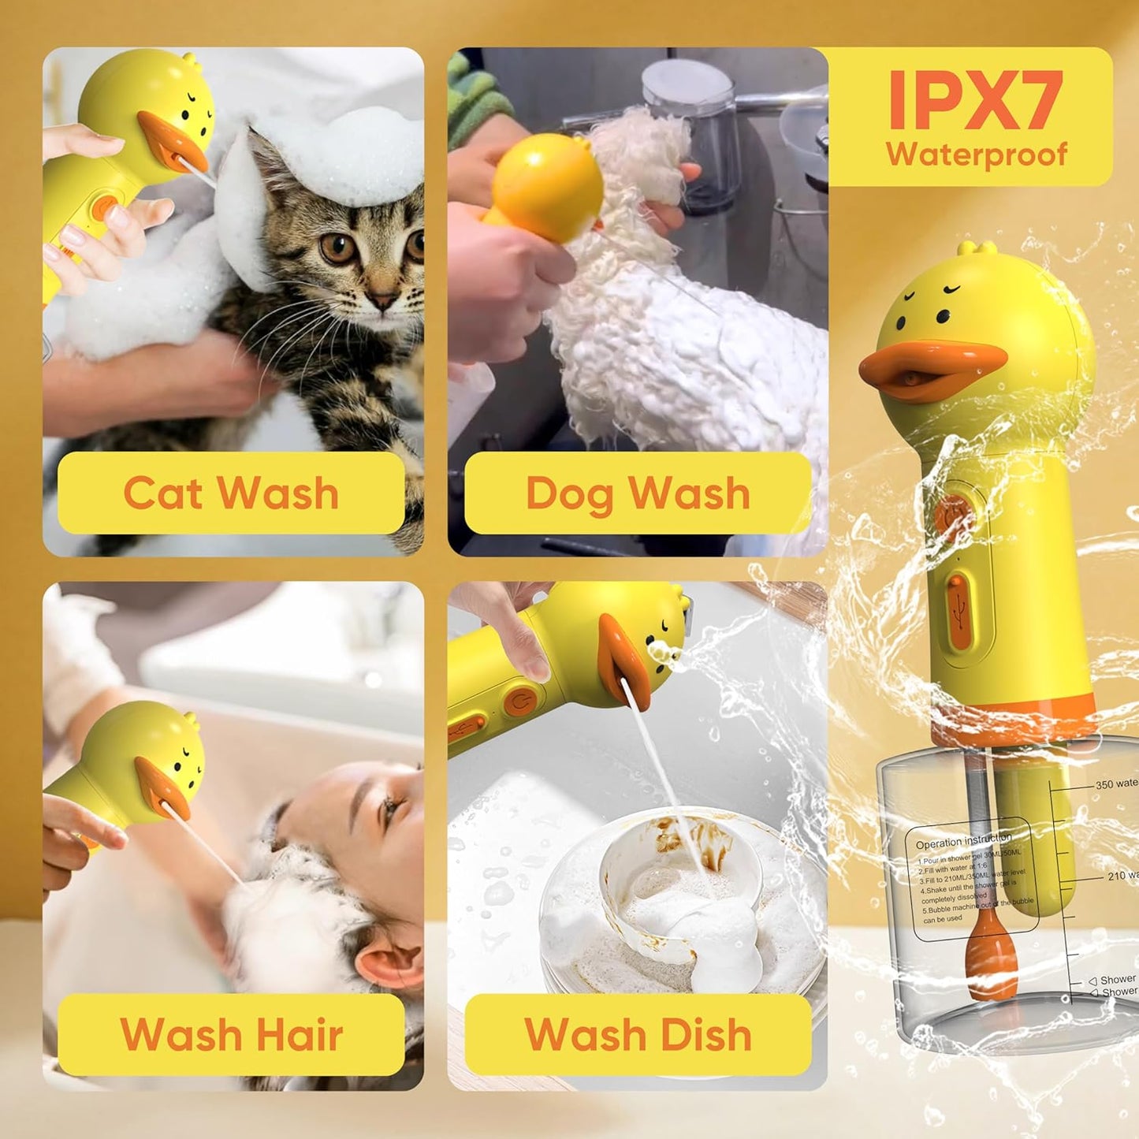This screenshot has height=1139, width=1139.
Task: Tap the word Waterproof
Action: tap(976, 154)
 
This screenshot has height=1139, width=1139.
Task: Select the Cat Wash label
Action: tap(231, 493)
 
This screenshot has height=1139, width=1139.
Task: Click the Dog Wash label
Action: tap(638, 493)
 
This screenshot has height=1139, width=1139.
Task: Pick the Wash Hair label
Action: tap(231, 1034)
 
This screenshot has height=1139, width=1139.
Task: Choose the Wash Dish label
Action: tap(638, 1034)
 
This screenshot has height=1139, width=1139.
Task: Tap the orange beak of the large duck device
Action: tap(930, 370)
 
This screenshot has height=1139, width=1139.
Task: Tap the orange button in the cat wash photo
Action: tap(102, 208)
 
